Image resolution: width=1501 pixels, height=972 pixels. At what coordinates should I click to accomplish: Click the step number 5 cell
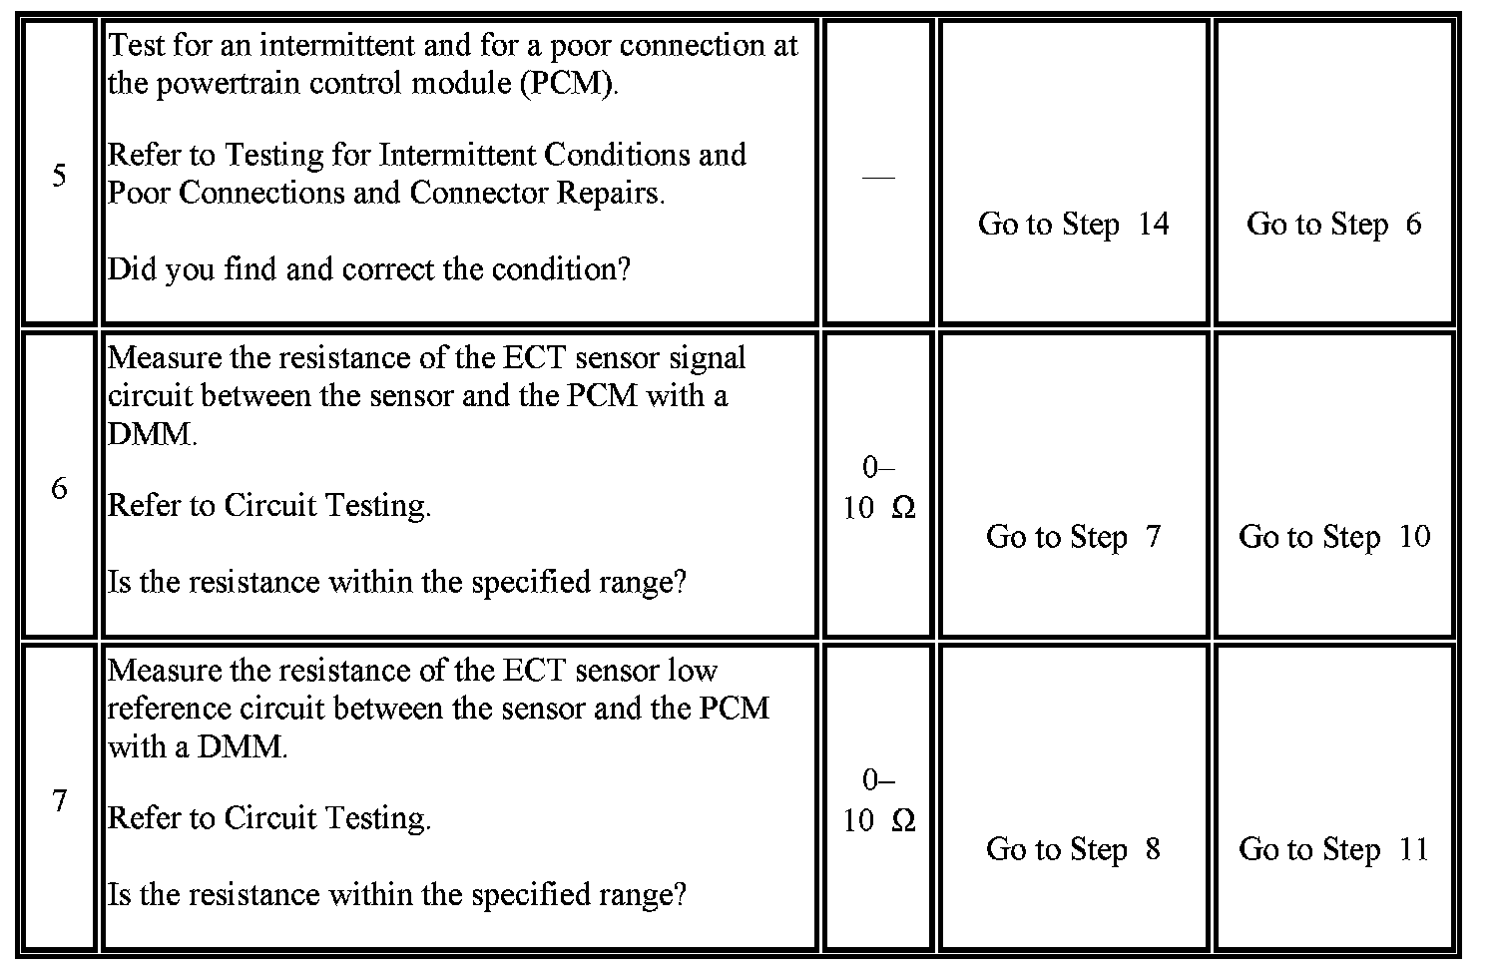point(59,176)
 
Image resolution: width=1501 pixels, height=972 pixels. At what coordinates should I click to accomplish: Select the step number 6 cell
point(59,488)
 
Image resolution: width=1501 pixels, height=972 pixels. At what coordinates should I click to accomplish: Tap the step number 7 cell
point(59,800)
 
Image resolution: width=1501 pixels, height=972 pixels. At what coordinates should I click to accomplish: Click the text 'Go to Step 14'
point(1073,224)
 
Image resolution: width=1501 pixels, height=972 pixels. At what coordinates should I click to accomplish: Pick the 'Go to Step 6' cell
point(1333,224)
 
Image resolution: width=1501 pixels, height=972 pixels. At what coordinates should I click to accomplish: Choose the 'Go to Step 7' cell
point(1073,537)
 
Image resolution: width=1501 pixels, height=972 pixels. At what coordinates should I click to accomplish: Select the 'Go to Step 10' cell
point(1333,537)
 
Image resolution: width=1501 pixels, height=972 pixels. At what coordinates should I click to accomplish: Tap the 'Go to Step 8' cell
point(1073,849)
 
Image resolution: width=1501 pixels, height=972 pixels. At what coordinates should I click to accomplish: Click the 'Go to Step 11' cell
point(1333,849)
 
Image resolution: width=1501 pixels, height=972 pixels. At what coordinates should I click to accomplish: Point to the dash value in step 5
point(878,177)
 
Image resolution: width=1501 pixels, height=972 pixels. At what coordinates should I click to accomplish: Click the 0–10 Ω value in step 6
point(878,488)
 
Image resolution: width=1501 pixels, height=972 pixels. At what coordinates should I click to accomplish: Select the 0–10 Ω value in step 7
point(878,800)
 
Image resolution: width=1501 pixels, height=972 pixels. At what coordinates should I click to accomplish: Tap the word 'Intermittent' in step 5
point(459,156)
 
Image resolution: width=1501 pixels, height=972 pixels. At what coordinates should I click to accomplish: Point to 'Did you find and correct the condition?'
point(368,269)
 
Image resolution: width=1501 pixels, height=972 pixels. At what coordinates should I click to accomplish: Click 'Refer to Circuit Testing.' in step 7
point(268,818)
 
